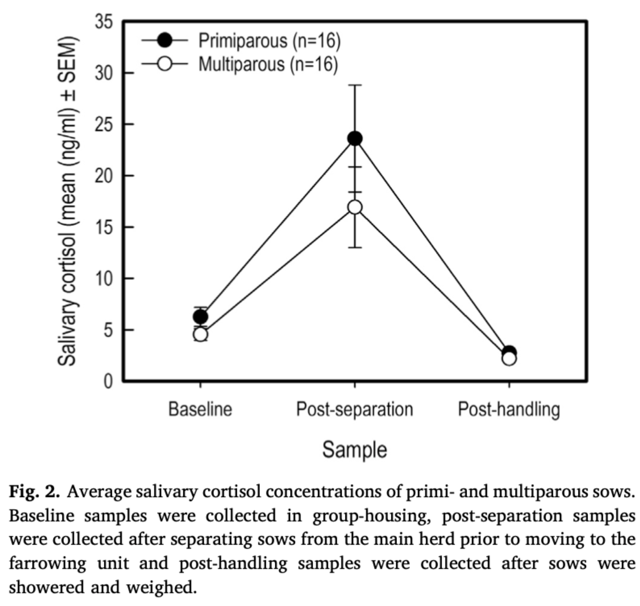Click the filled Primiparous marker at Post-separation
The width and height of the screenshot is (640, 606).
tap(355, 139)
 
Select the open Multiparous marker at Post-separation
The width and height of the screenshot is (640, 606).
tap(355, 207)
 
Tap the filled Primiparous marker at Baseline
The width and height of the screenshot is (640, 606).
tap(200, 317)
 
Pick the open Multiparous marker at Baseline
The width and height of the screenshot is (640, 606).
tap(200, 334)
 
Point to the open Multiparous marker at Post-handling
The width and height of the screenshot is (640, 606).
tap(509, 358)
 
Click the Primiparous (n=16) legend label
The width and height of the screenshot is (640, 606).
tap(269, 41)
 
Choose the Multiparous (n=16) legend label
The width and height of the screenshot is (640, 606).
tap(268, 64)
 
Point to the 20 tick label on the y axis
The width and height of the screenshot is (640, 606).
tap(104, 176)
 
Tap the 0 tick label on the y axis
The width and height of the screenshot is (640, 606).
tap(108, 382)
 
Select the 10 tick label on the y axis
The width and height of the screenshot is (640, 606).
tap(104, 279)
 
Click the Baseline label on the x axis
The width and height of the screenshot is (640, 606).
tap(200, 409)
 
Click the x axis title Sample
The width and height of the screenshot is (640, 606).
tap(355, 450)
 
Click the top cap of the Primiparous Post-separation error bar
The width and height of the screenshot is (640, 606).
tap(355, 85)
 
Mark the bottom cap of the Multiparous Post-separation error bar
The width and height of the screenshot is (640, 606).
tap(355, 248)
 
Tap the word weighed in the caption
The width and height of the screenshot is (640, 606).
tap(161, 588)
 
